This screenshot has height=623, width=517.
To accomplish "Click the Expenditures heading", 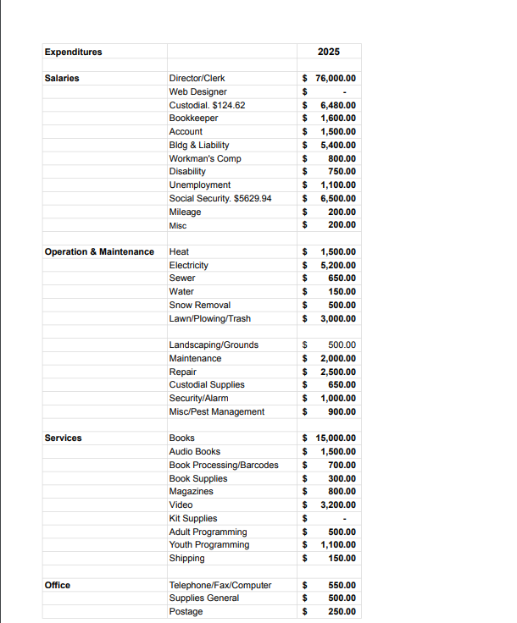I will point(73,52).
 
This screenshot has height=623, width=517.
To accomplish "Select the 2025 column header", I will point(329,52).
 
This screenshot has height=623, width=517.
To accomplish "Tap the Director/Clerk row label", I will point(197,79).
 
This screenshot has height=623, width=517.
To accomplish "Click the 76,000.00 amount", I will point(336,79).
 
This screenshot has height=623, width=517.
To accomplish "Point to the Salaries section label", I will point(62,79).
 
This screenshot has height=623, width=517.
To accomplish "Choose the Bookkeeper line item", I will point(193,119).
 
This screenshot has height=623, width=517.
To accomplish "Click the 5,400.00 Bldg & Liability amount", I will point(338,145).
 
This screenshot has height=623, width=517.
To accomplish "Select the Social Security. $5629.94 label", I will point(220,198).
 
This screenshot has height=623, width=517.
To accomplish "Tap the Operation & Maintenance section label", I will point(99,252).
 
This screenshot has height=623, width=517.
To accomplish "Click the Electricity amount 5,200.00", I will point(338,265).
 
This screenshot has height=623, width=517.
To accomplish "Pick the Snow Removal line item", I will point(200,305).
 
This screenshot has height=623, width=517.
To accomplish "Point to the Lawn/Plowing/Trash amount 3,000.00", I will point(338,318).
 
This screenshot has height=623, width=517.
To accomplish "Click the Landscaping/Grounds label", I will point(214,345).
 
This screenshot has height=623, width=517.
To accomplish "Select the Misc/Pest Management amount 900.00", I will point(342,412).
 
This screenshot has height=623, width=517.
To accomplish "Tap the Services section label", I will point(64,438).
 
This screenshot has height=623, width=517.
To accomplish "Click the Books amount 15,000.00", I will point(336,438).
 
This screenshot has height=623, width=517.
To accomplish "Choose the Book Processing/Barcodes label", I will point(224,465).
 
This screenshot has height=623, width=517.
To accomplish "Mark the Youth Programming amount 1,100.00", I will point(338,545).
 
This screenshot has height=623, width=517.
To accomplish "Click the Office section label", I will point(58,586).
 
